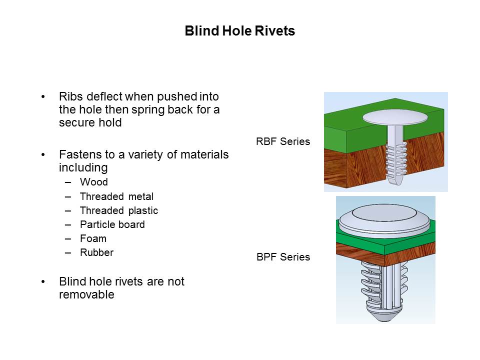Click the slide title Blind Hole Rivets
click(x=239, y=31)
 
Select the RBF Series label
click(x=283, y=141)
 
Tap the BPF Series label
click(x=283, y=257)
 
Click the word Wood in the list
click(x=93, y=182)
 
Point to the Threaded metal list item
click(x=116, y=196)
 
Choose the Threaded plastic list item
click(x=118, y=210)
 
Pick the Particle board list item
click(x=112, y=224)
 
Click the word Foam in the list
click(x=93, y=238)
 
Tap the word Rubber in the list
click(x=96, y=252)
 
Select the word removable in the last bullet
click(x=86, y=295)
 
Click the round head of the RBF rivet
click(x=395, y=118)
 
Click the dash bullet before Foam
click(x=68, y=238)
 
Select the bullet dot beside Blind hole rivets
click(x=44, y=282)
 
